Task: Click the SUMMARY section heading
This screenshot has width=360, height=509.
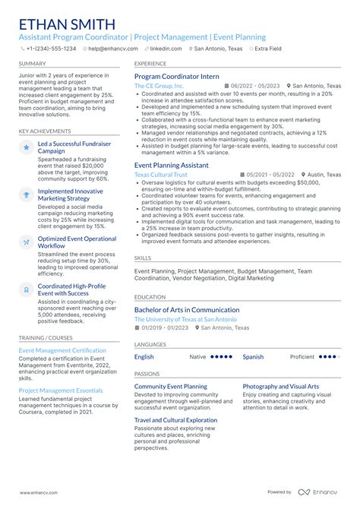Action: pos(33,64)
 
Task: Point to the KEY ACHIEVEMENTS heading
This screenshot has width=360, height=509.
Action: pos(45,131)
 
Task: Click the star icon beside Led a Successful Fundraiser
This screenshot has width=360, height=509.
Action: pos(27,147)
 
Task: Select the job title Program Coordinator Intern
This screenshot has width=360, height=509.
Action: pos(177,77)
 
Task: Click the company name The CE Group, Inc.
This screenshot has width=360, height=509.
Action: pos(159,87)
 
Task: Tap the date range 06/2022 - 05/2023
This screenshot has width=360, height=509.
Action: pos(255,87)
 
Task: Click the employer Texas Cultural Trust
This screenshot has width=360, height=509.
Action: pos(161,174)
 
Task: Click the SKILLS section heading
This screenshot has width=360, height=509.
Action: pos(143,258)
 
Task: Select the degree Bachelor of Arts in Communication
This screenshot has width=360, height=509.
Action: pos(186,309)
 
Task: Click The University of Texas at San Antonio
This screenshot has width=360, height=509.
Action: pos(187,319)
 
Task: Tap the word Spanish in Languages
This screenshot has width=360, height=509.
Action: pos(253,356)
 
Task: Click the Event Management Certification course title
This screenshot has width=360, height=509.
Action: pos(62,350)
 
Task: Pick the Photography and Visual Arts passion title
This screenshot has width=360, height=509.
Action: pos(281,386)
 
